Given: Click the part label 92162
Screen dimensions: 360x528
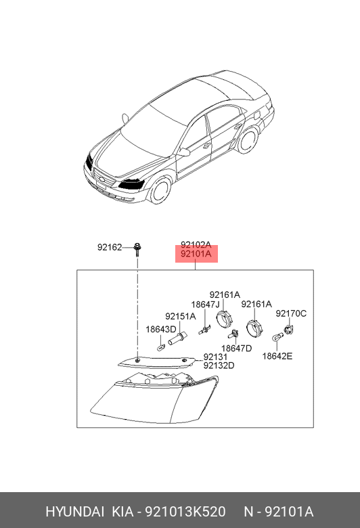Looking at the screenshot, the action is point(110,248).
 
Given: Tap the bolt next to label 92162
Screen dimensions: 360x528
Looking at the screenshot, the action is point(137,249).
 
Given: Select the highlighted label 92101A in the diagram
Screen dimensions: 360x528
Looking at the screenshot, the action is point(196,254).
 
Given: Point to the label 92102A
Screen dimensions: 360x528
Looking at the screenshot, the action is point(196,245).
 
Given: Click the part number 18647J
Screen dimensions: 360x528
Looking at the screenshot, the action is point(206,305).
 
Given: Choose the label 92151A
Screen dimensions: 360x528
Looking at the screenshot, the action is point(180,317).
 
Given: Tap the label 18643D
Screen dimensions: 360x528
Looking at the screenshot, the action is point(161,330).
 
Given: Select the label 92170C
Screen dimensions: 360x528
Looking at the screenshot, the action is point(291,314).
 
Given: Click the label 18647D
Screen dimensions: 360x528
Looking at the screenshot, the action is point(236,349).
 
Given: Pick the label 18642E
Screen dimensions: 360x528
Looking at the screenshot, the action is point(277,356).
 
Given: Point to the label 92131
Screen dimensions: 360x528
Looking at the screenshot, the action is point(216,357).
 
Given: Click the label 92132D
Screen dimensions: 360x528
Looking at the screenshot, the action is point(219,366).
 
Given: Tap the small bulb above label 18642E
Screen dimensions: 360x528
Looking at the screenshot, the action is point(277,336).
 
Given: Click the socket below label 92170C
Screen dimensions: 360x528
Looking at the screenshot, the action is point(289,330).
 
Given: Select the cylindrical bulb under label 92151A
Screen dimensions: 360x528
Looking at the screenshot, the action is point(177,338).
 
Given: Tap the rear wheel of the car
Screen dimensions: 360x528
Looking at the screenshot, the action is point(248,140).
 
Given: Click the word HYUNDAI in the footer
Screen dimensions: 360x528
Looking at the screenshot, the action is point(74,512).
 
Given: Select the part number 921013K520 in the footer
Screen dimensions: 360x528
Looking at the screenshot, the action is point(185,512).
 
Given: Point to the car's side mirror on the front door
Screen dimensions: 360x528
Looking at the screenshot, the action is point(185,152).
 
